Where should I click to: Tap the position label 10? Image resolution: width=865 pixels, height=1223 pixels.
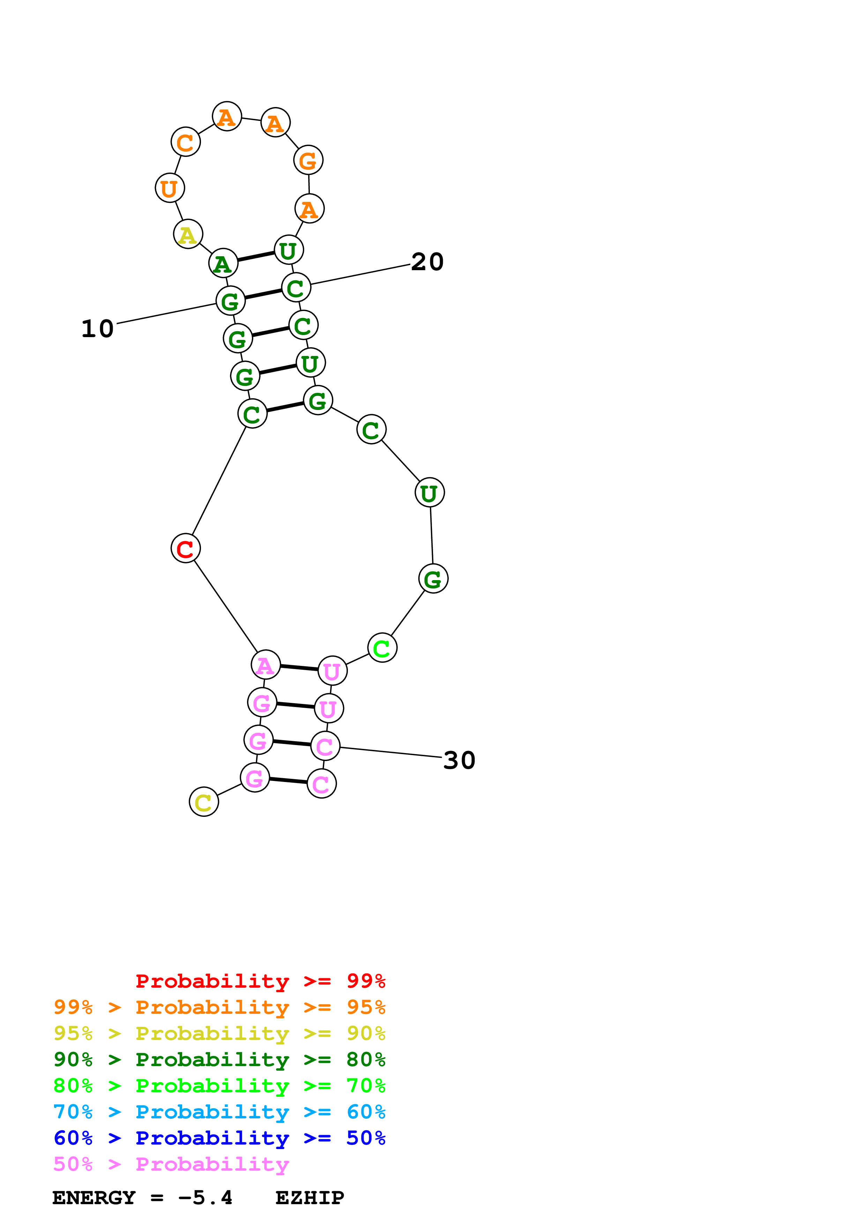(98, 329)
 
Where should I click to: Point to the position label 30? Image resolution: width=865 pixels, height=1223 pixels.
(460, 760)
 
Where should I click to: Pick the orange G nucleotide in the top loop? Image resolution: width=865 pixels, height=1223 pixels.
(308, 160)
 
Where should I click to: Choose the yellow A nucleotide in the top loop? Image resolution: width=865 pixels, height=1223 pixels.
(188, 234)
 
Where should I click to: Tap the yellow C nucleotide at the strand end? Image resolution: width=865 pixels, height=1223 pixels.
(203, 802)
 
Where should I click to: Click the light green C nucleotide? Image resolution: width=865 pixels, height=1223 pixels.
(382, 648)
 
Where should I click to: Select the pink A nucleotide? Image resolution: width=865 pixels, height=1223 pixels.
(266, 665)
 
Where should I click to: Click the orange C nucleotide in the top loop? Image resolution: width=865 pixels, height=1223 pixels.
(186, 142)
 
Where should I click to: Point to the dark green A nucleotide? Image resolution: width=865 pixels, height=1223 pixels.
(223, 263)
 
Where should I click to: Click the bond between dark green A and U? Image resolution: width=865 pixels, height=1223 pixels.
(256, 256)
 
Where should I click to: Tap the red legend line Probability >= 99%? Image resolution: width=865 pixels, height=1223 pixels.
(260, 981)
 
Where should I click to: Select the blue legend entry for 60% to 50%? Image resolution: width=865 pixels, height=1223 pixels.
(219, 1138)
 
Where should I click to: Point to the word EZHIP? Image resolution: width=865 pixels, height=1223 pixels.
(310, 1198)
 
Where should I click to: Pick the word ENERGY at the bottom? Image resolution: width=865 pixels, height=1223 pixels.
(94, 1198)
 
